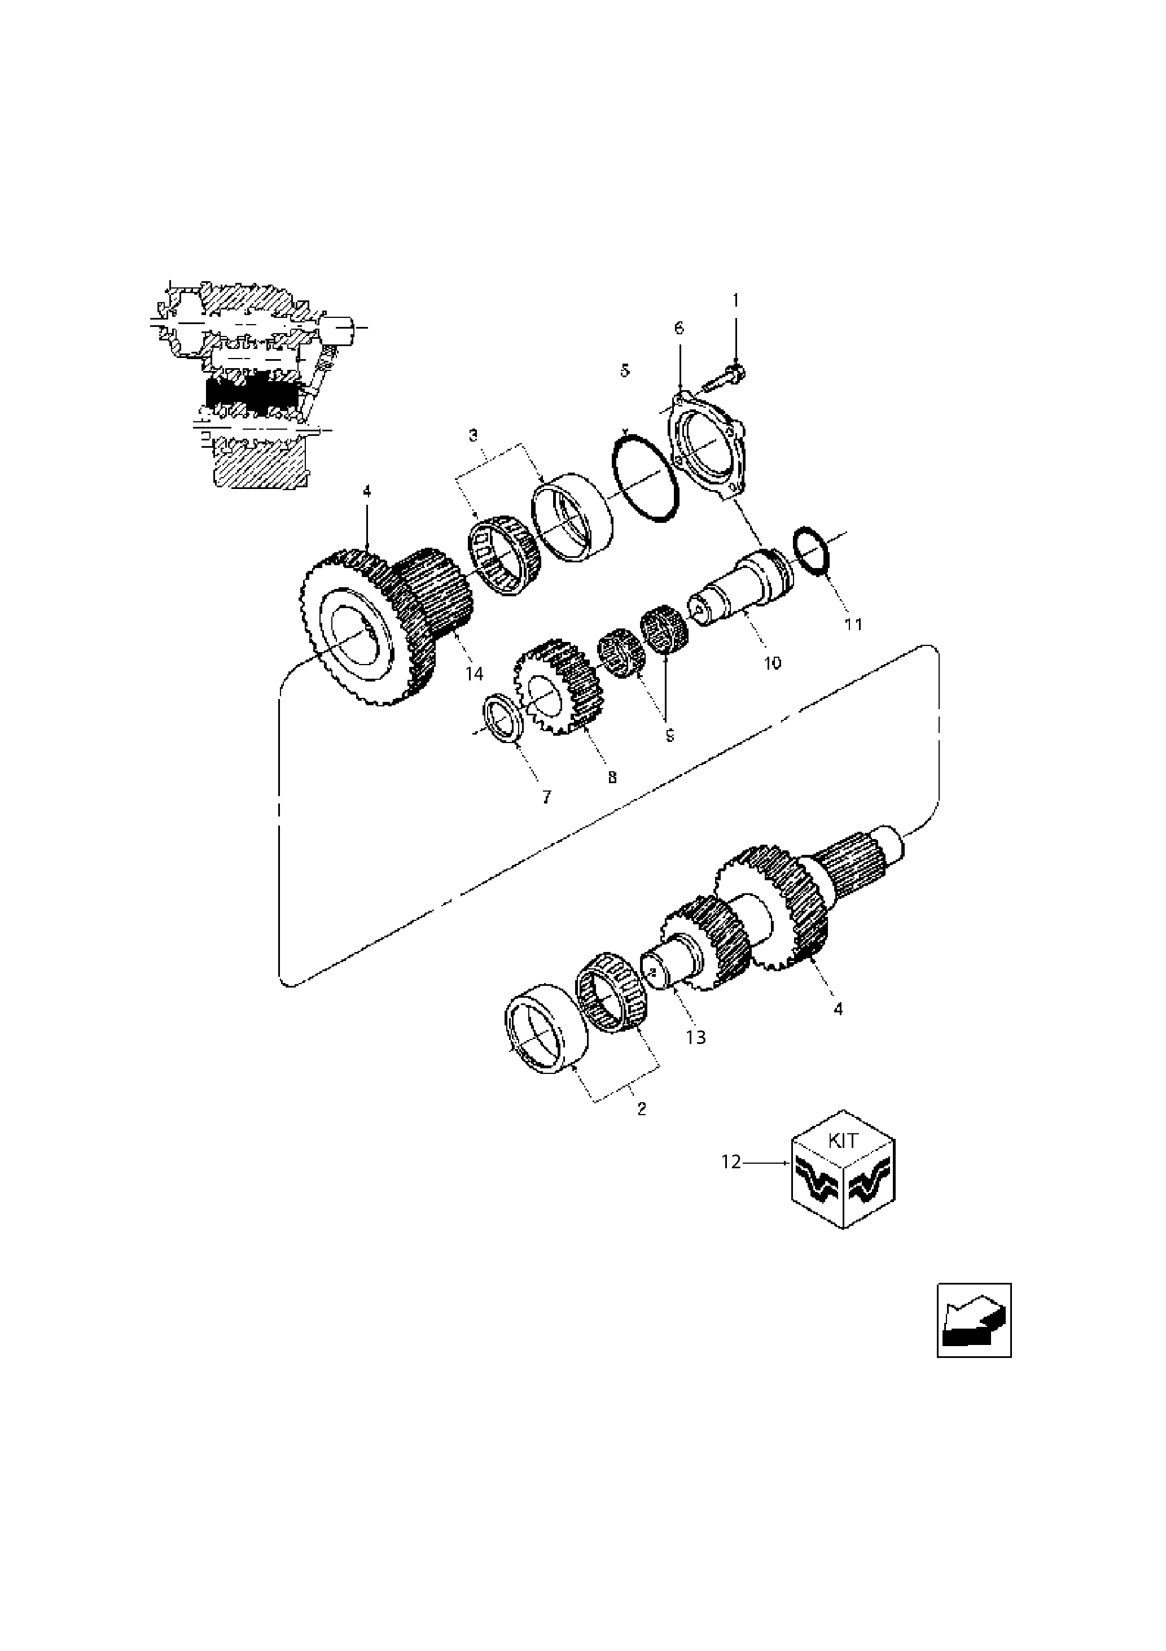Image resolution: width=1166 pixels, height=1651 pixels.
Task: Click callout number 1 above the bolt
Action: (x=735, y=300)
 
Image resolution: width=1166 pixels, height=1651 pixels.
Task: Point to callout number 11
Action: (x=853, y=623)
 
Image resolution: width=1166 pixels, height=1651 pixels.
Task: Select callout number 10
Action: (x=772, y=662)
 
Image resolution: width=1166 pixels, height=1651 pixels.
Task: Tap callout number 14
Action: (x=474, y=673)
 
